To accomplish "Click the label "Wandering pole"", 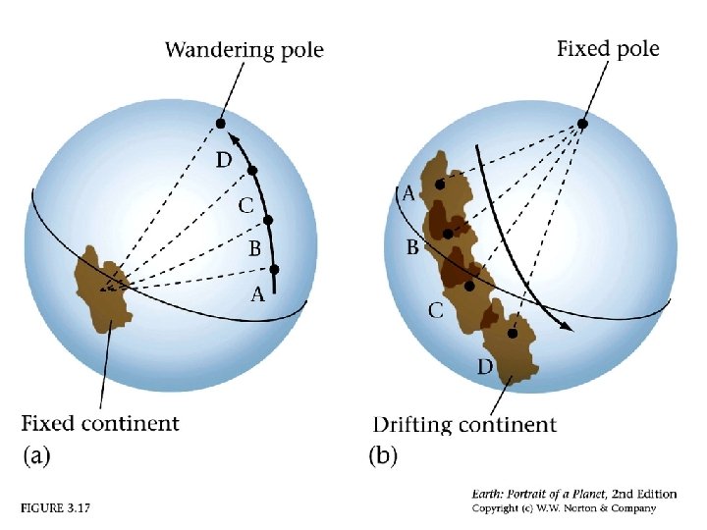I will coord(244,49).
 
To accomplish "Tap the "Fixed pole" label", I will coord(608,48).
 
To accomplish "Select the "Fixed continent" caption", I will coord(100,424).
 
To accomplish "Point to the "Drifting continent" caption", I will coord(464,425).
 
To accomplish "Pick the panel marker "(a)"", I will coord(36,455).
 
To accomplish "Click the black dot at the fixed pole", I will coord(582,124).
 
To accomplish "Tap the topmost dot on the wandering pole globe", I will coord(221,124).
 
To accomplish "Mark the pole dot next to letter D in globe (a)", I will coord(252,171).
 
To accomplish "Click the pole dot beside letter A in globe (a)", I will coord(274,269).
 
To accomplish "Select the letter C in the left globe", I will coord(246,207).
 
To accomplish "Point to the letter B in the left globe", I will coord(253,249).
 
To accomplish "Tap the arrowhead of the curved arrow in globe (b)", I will coord(565,327).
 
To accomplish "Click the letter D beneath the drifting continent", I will coord(484,367).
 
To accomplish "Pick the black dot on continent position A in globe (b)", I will coord(440,185).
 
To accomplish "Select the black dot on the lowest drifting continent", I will coord(512,334).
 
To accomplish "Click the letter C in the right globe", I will coord(434,311).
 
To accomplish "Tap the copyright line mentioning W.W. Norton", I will coord(563,508).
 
